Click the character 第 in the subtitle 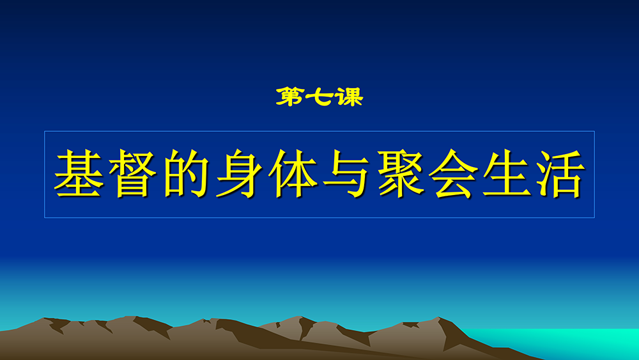point(290,97)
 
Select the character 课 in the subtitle point(348,97)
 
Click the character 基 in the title point(78,173)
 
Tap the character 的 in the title point(186,173)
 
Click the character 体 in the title point(293,173)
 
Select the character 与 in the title point(346,173)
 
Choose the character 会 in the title point(454,173)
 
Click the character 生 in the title point(507,173)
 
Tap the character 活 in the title point(561,173)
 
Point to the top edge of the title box point(319,131)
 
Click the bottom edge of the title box point(319,217)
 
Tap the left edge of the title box point(45,175)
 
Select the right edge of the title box point(594,175)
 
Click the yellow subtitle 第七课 point(319,97)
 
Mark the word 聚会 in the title point(427,173)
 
